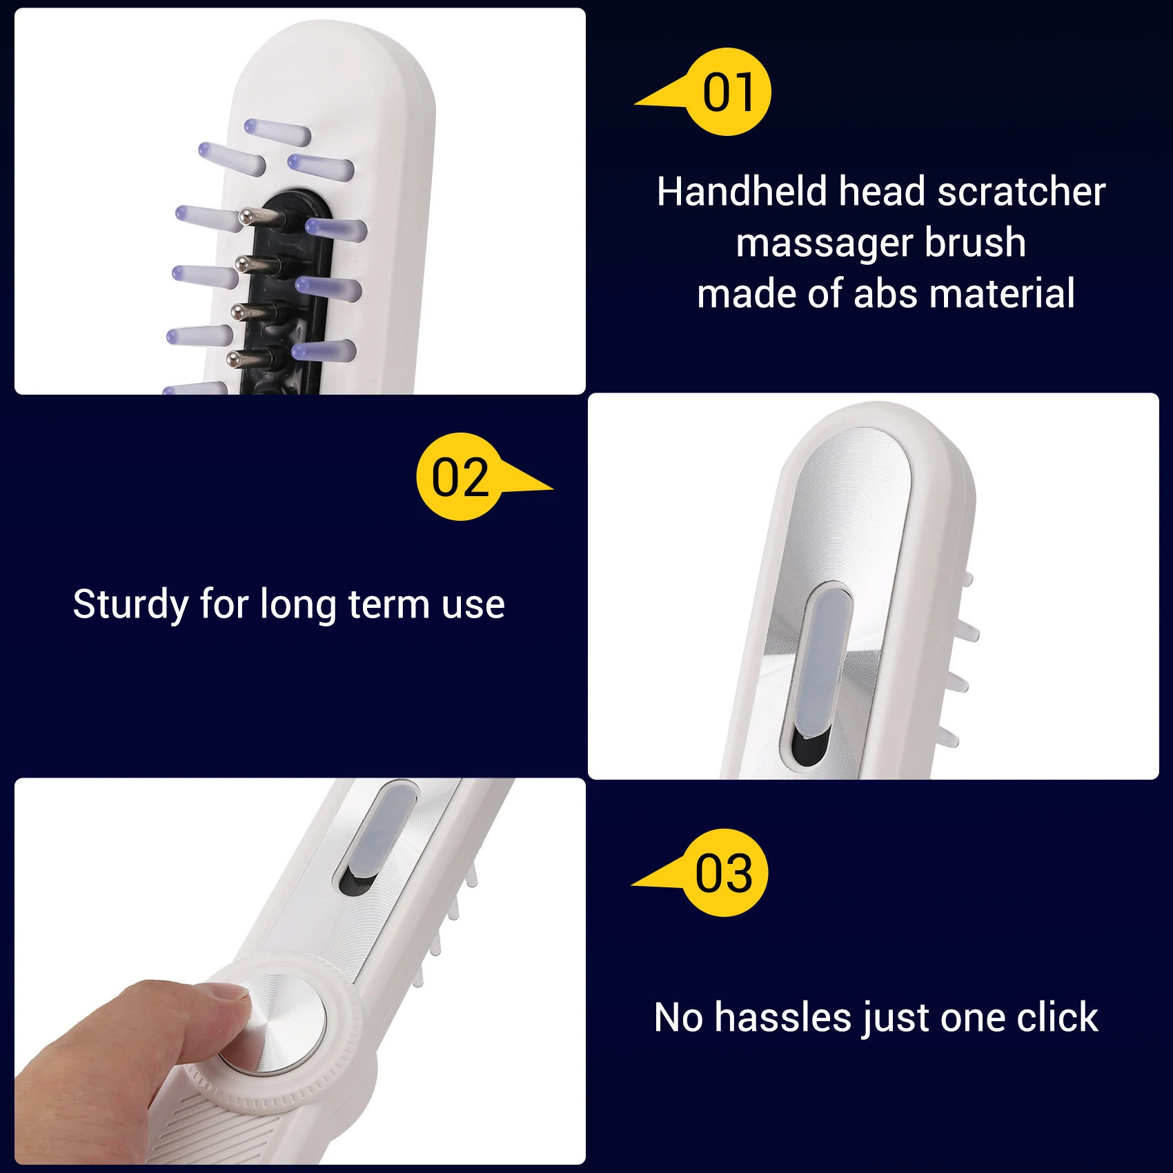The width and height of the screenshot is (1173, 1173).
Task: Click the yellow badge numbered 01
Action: tap(727, 92)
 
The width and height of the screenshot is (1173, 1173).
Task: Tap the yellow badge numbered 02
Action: tap(460, 477)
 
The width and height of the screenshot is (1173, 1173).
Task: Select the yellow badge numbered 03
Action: tap(724, 873)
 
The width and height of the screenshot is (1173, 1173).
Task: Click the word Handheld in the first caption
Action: tap(742, 191)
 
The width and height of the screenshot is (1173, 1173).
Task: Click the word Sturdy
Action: tap(130, 604)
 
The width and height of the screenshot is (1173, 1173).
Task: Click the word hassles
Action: tap(783, 1017)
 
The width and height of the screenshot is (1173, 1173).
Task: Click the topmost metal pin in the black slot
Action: tap(262, 217)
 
